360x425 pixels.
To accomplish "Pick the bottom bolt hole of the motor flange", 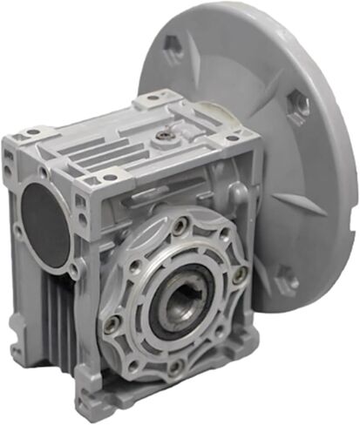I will [x=285, y=280].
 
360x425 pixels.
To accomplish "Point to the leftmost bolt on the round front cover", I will [x=112, y=323].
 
